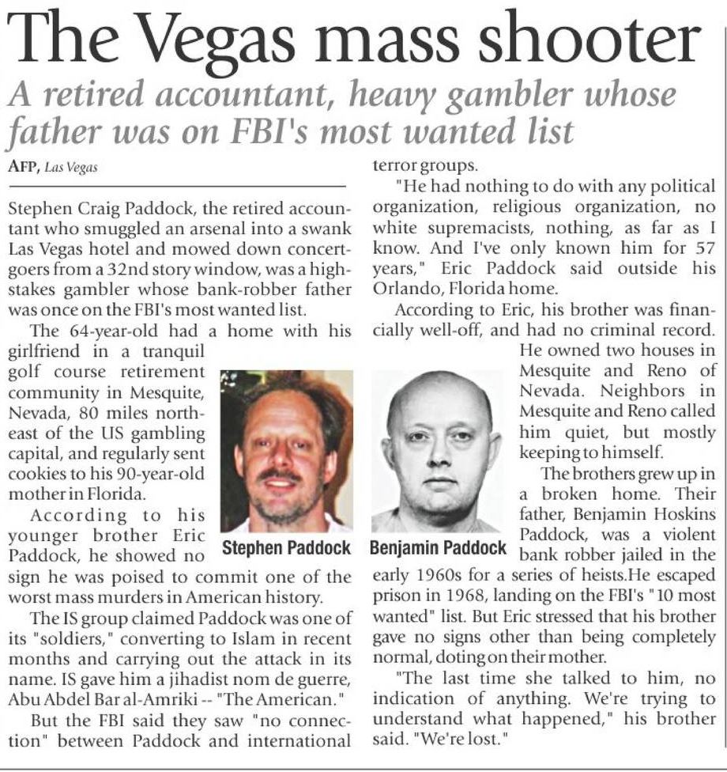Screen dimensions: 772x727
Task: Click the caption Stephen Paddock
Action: pos(285,547)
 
